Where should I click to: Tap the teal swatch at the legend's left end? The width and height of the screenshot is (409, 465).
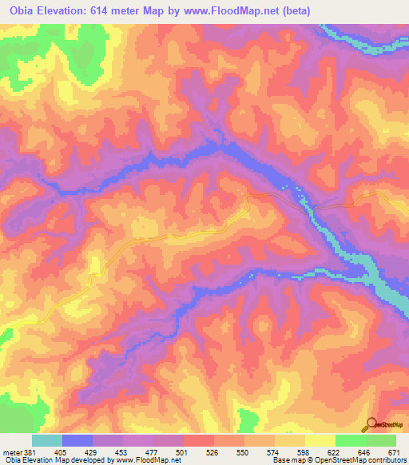pyautogui.click(x=47, y=440)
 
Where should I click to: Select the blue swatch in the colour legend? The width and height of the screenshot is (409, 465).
pyautogui.click(x=77, y=440)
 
